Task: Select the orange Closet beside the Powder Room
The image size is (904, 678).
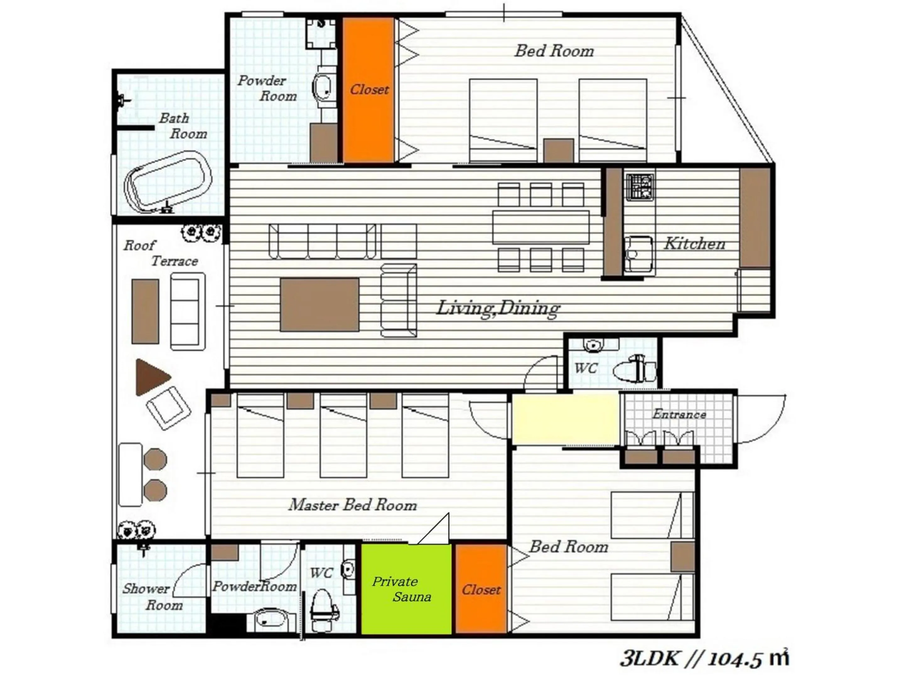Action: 368,90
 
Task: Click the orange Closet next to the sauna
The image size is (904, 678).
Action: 481,589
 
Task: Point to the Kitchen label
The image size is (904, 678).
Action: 694,244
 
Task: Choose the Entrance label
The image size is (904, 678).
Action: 679,414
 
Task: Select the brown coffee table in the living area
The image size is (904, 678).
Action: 320,304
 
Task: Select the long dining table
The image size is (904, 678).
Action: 541,227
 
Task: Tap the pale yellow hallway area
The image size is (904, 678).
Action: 566,418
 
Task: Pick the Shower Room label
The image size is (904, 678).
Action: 153,596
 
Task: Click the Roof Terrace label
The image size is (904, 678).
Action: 161,253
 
